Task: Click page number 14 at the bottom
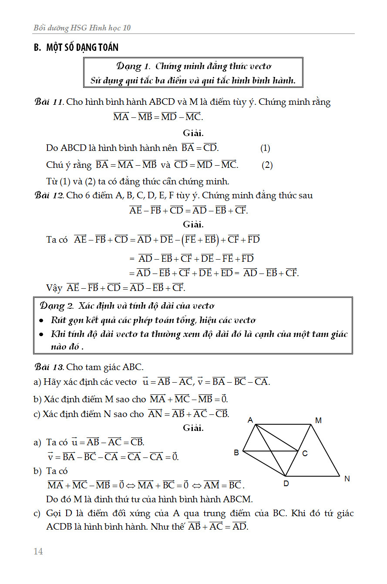click(38, 551)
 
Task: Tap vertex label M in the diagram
click(319, 420)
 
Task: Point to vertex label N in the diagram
click(347, 479)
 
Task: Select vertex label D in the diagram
click(286, 483)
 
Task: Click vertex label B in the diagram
click(236, 453)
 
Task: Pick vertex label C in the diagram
click(305, 454)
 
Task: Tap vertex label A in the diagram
click(250, 420)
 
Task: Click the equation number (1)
click(265, 148)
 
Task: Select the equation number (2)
click(267, 165)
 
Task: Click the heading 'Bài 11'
click(49, 103)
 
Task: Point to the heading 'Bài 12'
click(49, 196)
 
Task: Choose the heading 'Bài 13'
click(49, 367)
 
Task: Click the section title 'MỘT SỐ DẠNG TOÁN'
click(82, 47)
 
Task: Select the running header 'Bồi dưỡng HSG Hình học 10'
click(82, 28)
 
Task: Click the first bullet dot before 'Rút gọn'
click(41, 321)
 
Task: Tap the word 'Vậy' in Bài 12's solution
click(54, 288)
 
